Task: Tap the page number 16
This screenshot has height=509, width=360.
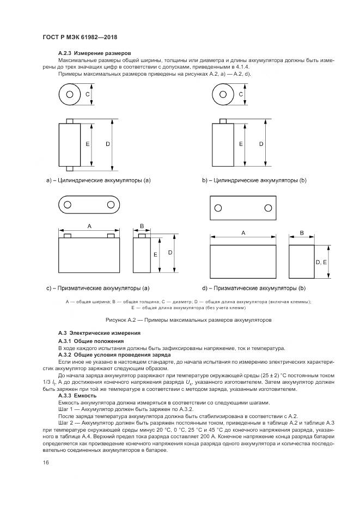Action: [x=46, y=462]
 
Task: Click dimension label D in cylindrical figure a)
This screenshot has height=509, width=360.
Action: [x=108, y=144]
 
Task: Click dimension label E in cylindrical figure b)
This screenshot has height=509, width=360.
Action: [x=241, y=144]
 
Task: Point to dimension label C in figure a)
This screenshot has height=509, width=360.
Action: [x=88, y=95]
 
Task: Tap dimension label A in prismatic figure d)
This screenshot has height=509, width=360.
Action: [x=243, y=232]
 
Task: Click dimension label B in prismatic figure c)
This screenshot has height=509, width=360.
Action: [x=142, y=225]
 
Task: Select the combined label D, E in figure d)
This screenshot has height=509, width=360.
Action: [x=321, y=262]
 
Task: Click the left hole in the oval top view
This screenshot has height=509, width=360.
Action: [x=68, y=205]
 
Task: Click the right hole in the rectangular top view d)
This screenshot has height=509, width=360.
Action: [x=268, y=208]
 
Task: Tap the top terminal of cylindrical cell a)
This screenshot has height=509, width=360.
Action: [x=70, y=121]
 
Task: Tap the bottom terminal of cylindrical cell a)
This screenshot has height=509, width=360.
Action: [x=70, y=168]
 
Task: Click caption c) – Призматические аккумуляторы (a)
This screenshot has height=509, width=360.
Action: [x=98, y=287]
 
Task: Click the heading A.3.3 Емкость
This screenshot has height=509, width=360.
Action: [x=77, y=396]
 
